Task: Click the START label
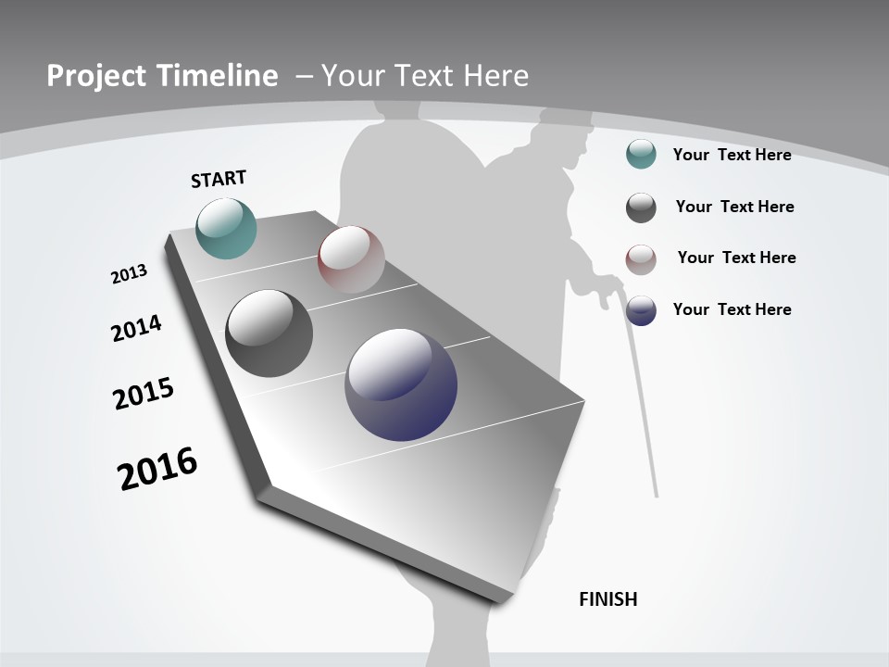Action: tap(219, 179)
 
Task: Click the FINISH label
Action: tap(608, 599)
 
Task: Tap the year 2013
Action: tap(129, 274)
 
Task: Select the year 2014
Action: tap(136, 328)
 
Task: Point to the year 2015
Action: tap(144, 394)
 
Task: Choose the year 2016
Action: tap(157, 468)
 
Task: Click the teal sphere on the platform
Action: tap(227, 228)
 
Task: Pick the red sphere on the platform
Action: tap(351, 258)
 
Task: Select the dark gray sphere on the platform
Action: tap(269, 333)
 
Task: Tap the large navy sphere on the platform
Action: tap(401, 384)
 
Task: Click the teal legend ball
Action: tap(641, 154)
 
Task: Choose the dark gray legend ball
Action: tap(641, 208)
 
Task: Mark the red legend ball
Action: tap(641, 259)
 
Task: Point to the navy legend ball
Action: tap(641, 310)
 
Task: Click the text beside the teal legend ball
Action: tap(732, 155)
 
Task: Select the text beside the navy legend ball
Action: tap(732, 309)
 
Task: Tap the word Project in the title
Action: tap(95, 76)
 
